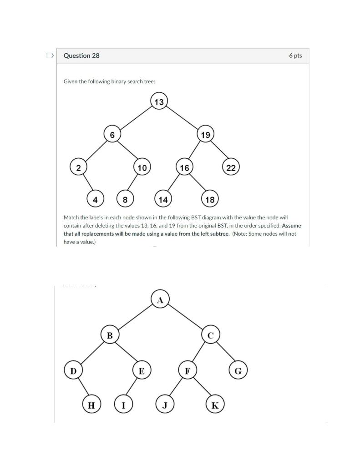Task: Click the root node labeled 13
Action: (x=159, y=102)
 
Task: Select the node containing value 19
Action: (x=205, y=135)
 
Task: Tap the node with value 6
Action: (x=112, y=135)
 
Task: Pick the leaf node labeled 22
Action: (x=231, y=167)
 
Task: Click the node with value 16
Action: (x=184, y=167)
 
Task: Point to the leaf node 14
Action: (x=163, y=199)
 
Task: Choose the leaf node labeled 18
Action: (x=210, y=199)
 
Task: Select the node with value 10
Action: (x=142, y=167)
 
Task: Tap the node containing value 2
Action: (x=78, y=167)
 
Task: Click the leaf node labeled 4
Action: (x=95, y=199)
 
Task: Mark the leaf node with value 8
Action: (x=125, y=199)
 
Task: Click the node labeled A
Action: (x=160, y=300)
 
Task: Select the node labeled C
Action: (x=210, y=336)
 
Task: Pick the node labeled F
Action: (x=187, y=370)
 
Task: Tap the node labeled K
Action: (x=215, y=405)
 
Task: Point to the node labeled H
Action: (x=91, y=405)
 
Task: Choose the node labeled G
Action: (x=238, y=370)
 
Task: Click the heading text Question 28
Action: (x=81, y=56)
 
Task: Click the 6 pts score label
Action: (x=295, y=56)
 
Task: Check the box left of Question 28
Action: (x=50, y=56)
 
